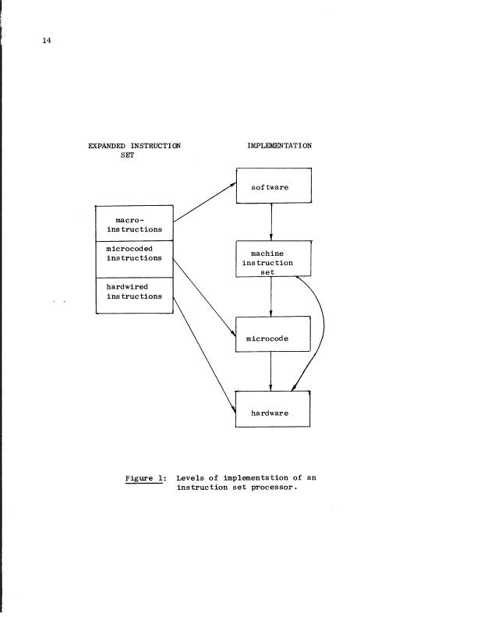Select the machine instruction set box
pyautogui.click(x=273, y=259)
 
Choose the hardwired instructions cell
pyautogui.click(x=133, y=296)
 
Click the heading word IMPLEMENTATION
pyautogui.click(x=278, y=146)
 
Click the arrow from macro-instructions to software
pyautogui.click(x=205, y=200)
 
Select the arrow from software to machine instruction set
pyautogui.click(x=270, y=222)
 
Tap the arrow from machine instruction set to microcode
pyautogui.click(x=270, y=296)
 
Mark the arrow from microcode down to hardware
pyautogui.click(x=270, y=370)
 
